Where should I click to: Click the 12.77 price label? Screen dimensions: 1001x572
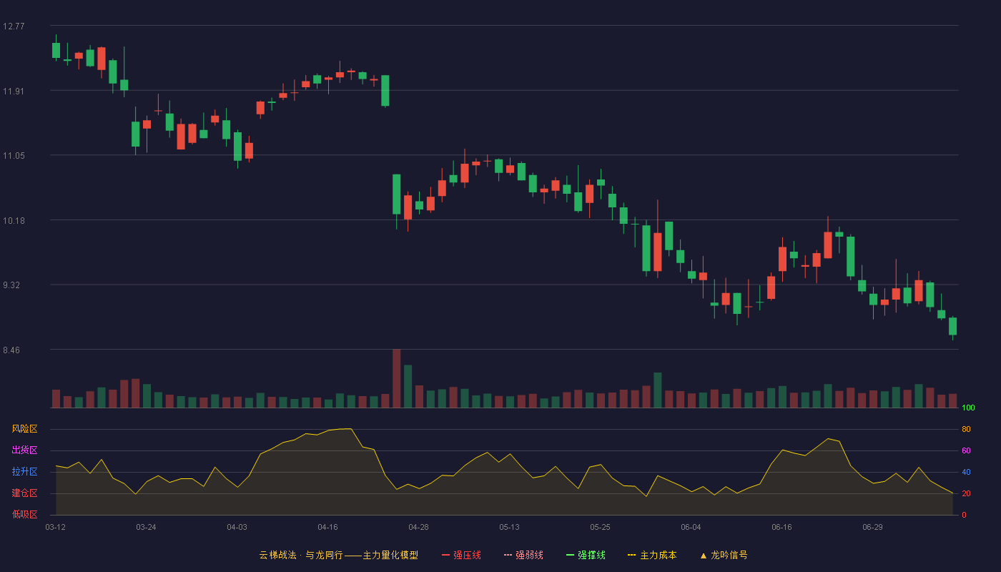tap(14, 26)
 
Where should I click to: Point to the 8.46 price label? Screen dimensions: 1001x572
tap(11, 350)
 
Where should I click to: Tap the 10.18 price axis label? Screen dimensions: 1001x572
tap(14, 221)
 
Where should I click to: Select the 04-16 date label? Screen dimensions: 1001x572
tap(327, 528)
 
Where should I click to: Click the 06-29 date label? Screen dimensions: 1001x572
tap(872, 528)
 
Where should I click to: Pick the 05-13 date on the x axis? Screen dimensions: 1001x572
tap(509, 528)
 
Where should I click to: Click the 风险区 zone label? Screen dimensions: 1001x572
tap(24, 429)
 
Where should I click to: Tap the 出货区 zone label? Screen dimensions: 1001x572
tap(24, 450)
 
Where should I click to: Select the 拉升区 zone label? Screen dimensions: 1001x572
tap(24, 471)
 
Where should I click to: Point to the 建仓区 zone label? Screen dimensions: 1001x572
tap(24, 493)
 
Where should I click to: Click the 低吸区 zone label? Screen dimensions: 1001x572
tap(24, 514)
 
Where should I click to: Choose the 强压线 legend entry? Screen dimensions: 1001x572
tap(461, 555)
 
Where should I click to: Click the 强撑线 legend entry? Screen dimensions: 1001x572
tap(586, 555)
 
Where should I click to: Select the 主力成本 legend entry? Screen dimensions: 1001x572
tap(652, 555)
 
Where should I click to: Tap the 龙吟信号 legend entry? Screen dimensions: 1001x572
tap(724, 555)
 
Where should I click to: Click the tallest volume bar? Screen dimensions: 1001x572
tap(396, 378)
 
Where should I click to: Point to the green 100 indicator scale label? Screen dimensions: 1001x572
tap(968, 408)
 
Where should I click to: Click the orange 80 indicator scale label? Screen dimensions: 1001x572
tap(966, 429)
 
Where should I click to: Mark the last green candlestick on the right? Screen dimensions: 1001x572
tap(952, 326)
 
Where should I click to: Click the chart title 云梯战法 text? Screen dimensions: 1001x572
tap(278, 555)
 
